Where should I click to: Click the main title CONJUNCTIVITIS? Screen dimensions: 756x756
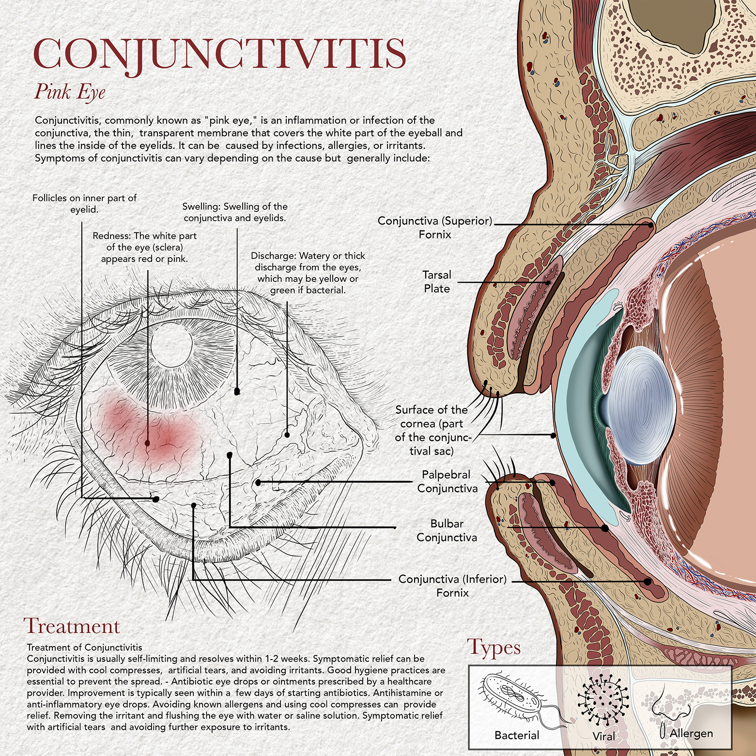[x=219, y=53]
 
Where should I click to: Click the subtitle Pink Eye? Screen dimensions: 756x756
[x=69, y=92]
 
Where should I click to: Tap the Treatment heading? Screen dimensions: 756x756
[x=71, y=626]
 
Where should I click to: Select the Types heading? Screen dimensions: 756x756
[x=494, y=647]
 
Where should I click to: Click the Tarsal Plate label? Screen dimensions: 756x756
[x=437, y=282]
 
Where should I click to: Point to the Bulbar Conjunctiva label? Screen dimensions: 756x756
[x=447, y=530]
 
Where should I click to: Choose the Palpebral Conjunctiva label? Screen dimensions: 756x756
[x=447, y=481]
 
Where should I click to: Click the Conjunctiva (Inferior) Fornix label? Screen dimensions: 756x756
[x=452, y=586]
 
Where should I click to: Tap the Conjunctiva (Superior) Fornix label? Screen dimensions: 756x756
[x=434, y=228]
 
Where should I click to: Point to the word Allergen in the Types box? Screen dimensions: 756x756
[x=691, y=733]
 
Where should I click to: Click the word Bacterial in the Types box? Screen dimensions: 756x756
[x=517, y=735]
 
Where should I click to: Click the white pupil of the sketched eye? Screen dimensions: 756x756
[x=171, y=344]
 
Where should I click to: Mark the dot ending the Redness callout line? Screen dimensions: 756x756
[x=147, y=443]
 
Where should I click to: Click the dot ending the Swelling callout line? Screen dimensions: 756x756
[x=237, y=391]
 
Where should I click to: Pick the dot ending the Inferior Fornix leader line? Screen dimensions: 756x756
[x=648, y=582]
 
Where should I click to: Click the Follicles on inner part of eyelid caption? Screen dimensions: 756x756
[x=84, y=204]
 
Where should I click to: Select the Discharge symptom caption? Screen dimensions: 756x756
[x=308, y=273]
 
